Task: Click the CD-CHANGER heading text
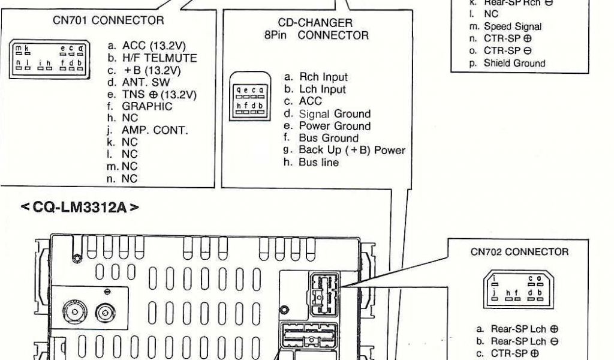pyautogui.click(x=316, y=23)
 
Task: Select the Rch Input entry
pyautogui.click(x=315, y=77)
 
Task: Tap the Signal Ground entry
pyautogui.click(x=327, y=114)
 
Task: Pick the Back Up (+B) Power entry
pyautogui.click(x=344, y=150)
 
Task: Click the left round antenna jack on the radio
pyautogui.click(x=76, y=311)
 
